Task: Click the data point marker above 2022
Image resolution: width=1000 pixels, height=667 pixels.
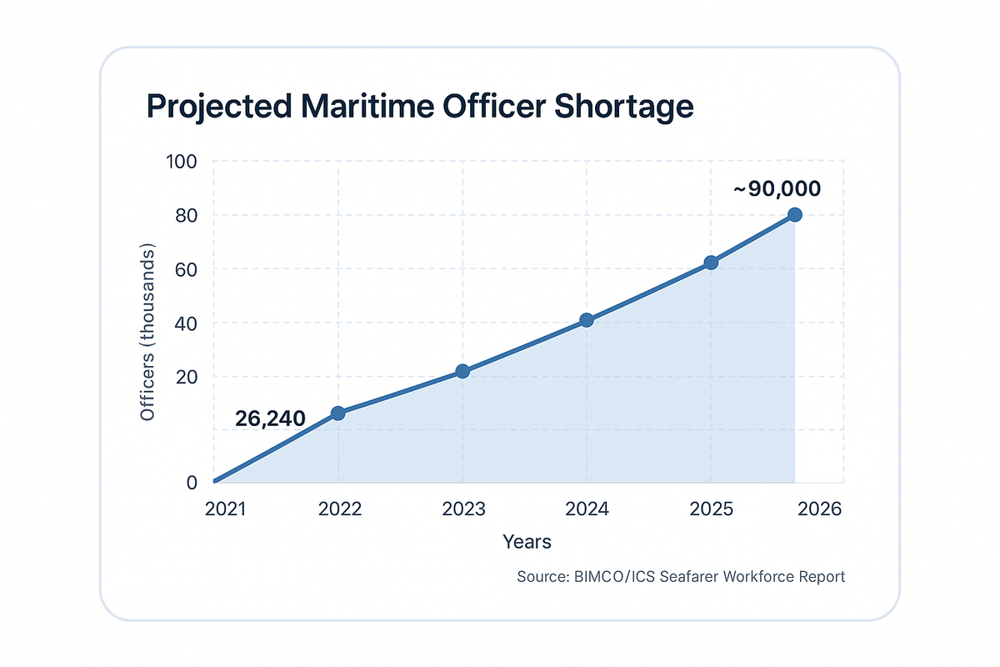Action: pyautogui.click(x=338, y=413)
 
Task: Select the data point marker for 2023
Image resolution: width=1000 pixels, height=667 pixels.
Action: pyautogui.click(x=462, y=371)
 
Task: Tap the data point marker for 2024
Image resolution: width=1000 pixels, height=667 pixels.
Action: pyautogui.click(x=587, y=320)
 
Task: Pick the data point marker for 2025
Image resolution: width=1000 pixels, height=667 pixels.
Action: pyautogui.click(x=711, y=263)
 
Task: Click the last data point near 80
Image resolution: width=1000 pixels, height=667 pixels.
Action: pyautogui.click(x=795, y=214)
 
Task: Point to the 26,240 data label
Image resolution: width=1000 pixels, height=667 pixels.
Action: pyautogui.click(x=269, y=419)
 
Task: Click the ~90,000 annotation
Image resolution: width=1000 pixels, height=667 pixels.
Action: pyautogui.click(x=777, y=189)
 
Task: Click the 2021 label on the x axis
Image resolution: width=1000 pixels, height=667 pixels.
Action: pyautogui.click(x=225, y=509)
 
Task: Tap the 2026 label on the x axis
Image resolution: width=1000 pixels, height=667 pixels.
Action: pyautogui.click(x=821, y=509)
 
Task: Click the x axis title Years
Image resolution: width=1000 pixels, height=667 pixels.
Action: pyautogui.click(x=527, y=542)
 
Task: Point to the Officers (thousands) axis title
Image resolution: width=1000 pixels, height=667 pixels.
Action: pyautogui.click(x=147, y=333)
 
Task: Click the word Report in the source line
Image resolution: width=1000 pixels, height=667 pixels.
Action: pyautogui.click(x=821, y=577)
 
